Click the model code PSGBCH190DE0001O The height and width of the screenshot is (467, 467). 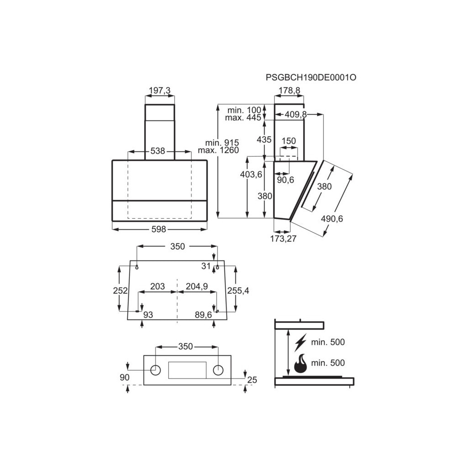pyautogui.click(x=311, y=78)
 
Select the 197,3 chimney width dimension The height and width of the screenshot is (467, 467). pyautogui.click(x=160, y=91)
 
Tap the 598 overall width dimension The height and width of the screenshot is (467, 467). pyautogui.click(x=159, y=229)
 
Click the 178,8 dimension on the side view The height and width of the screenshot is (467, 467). pyautogui.click(x=289, y=91)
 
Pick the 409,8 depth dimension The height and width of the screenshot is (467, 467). pyautogui.click(x=296, y=114)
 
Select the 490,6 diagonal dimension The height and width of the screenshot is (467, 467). pyautogui.click(x=332, y=219)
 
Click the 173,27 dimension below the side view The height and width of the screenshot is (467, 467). pyautogui.click(x=283, y=239)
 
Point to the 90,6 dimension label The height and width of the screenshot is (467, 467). pyautogui.click(x=285, y=180)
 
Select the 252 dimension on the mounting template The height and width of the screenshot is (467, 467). pyautogui.click(x=120, y=291)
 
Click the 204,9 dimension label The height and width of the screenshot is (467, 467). pyautogui.click(x=197, y=286)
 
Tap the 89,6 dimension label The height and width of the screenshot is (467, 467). pyautogui.click(x=203, y=314)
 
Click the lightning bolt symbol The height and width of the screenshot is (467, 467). pyautogui.click(x=300, y=342)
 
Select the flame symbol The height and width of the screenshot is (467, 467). pyautogui.click(x=300, y=363)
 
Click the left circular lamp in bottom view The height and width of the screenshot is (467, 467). pyautogui.click(x=156, y=370)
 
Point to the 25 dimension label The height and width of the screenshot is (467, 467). pyautogui.click(x=252, y=380)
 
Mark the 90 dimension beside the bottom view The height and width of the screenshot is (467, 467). pyautogui.click(x=125, y=377)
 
